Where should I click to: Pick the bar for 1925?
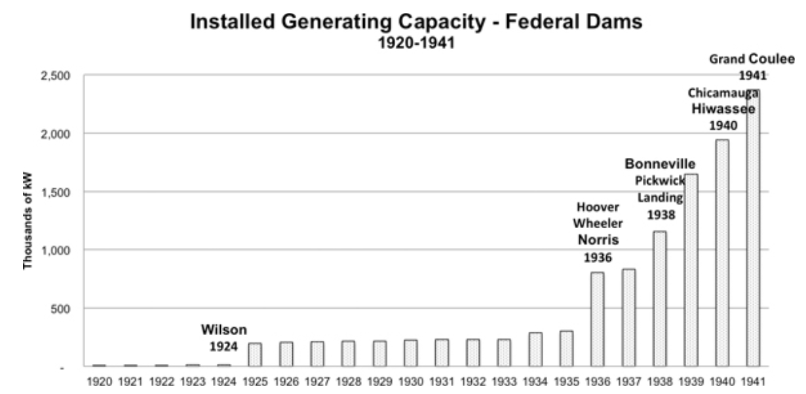coord(255,355)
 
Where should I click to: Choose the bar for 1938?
coord(659,298)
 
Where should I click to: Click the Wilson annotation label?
coord(223,329)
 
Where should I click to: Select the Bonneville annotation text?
coord(659,163)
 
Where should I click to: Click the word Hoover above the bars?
coord(597,207)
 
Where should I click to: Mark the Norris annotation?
coord(597,240)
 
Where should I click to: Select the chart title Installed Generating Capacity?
coord(416,22)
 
